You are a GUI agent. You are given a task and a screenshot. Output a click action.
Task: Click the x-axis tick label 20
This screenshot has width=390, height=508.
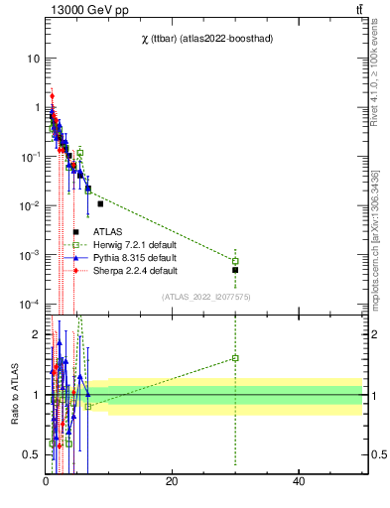coord(172,481)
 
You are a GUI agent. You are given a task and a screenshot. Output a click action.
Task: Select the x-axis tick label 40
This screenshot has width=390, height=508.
coord(299,481)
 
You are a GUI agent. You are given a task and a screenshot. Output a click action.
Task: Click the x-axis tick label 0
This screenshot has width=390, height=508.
coord(46,481)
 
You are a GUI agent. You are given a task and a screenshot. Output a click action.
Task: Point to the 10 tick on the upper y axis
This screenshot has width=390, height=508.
coord(32,59)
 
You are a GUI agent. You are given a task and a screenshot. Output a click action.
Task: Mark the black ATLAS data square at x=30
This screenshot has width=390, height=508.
coord(235,270)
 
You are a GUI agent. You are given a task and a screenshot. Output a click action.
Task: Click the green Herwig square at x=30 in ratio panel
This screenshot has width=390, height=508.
coord(235,358)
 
